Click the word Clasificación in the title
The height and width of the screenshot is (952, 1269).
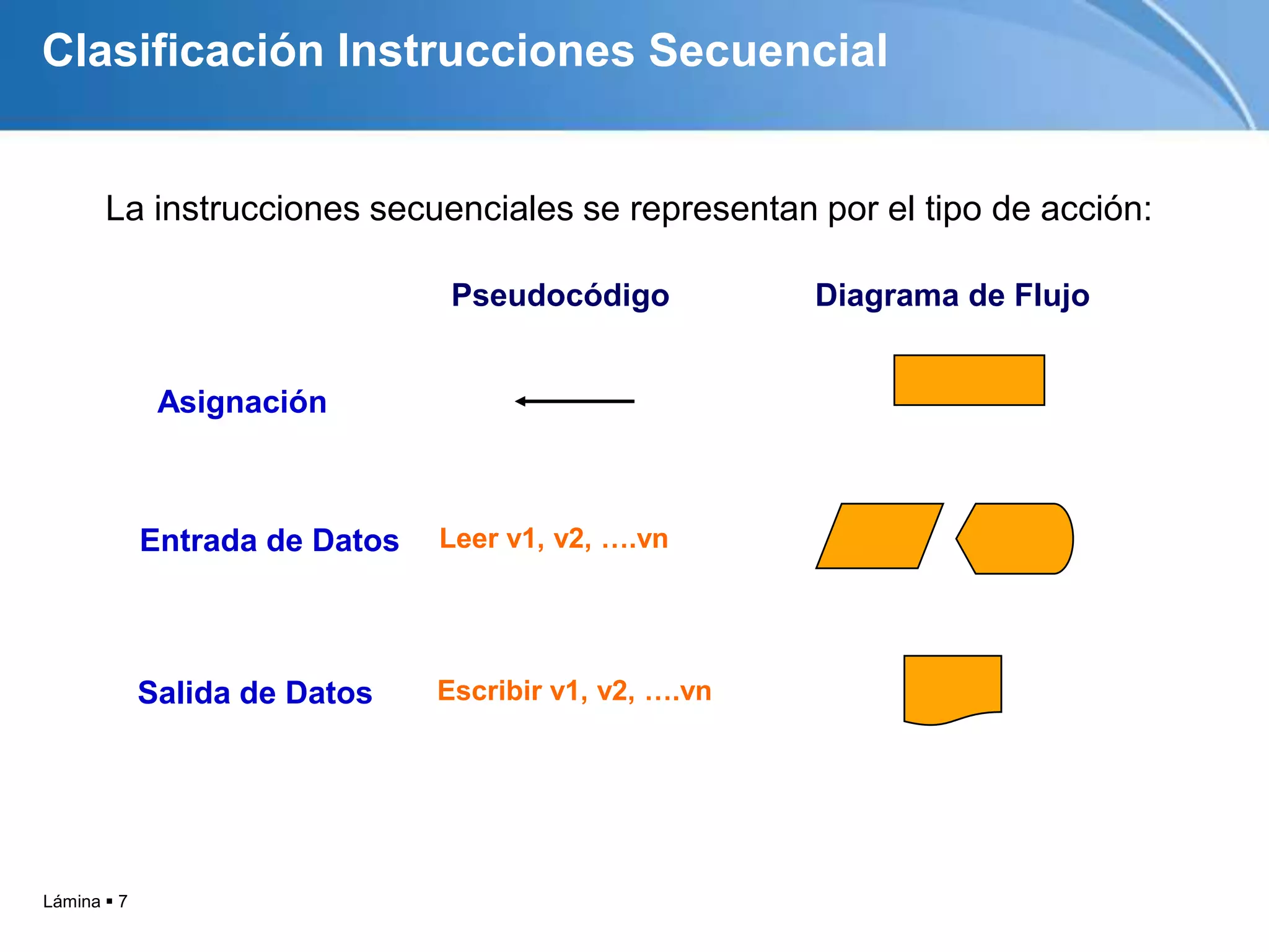(x=183, y=51)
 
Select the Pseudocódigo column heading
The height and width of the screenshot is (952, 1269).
(x=560, y=295)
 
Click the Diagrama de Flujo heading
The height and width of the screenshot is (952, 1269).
(x=952, y=295)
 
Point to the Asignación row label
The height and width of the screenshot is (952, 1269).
(x=242, y=402)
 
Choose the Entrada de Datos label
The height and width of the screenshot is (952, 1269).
(x=269, y=540)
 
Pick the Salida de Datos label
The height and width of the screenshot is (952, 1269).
(x=255, y=692)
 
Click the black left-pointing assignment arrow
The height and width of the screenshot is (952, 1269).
(x=574, y=402)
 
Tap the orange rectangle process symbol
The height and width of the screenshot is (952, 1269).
(x=969, y=380)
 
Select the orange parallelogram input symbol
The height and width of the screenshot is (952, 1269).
(x=879, y=536)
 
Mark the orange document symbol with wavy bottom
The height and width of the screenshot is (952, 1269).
(x=952, y=687)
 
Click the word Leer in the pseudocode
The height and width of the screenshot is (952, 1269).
(x=468, y=539)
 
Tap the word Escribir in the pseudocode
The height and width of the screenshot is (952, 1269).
(x=490, y=690)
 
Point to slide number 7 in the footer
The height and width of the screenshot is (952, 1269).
(x=123, y=901)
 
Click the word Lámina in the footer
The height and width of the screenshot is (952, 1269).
(x=71, y=901)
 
